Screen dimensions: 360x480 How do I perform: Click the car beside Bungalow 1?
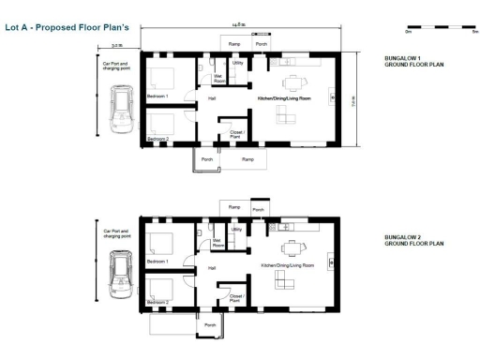[121, 109]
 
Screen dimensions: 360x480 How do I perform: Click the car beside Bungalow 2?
[121, 268]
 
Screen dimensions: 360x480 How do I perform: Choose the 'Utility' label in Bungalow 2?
[237, 229]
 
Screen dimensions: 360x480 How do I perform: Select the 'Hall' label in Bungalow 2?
[212, 267]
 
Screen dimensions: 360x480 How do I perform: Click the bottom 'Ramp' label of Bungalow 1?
[247, 159]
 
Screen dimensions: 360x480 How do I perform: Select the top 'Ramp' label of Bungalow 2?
[234, 207]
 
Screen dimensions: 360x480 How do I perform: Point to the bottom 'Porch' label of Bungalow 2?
[209, 327]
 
